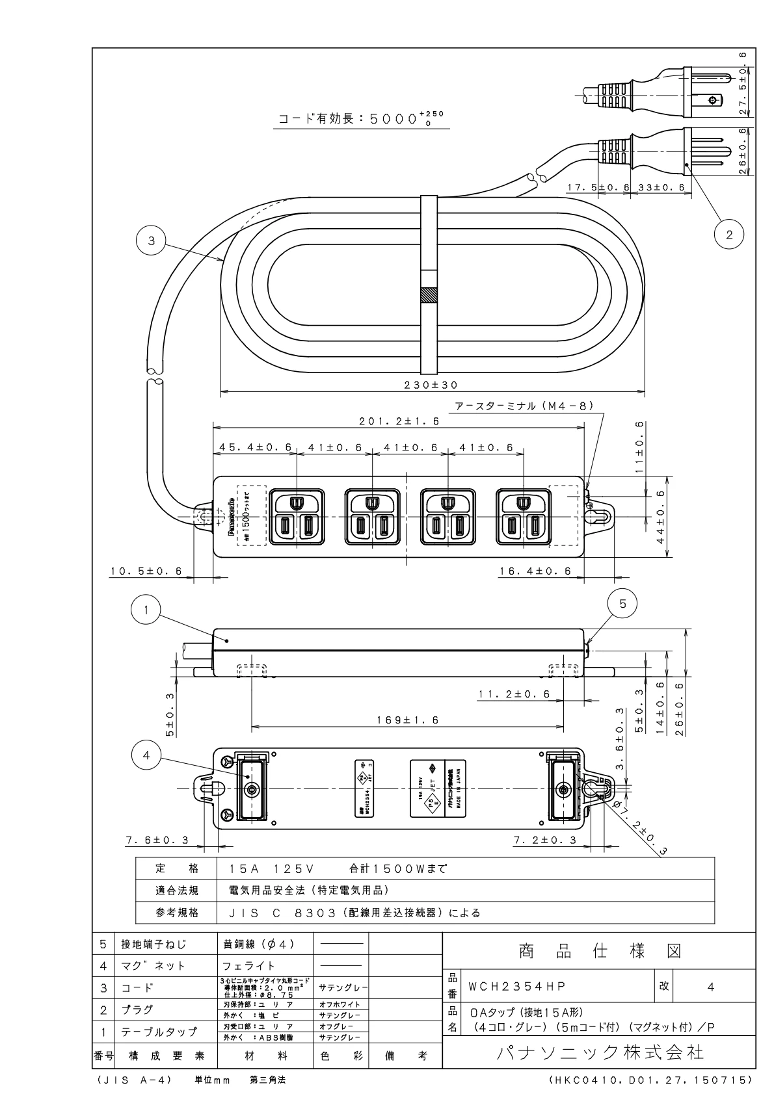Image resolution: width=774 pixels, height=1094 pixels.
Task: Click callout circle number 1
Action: (x=146, y=610)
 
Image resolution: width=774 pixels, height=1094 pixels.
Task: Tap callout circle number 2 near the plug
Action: (x=728, y=235)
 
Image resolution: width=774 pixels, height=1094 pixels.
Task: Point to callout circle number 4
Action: (x=146, y=755)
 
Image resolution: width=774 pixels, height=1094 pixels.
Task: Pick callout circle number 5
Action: (x=622, y=604)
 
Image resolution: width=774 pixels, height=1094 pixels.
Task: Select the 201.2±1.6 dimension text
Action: (x=399, y=421)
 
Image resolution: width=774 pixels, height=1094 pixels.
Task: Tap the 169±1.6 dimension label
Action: (x=408, y=720)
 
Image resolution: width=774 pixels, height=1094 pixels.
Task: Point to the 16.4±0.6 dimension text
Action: (x=535, y=571)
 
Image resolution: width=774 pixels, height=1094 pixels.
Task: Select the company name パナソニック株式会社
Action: (x=600, y=1051)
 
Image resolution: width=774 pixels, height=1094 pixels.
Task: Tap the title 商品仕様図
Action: (x=599, y=952)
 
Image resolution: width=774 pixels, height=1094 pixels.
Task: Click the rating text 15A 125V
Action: (x=273, y=868)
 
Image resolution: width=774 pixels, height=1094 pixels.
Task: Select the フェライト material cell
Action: (x=249, y=965)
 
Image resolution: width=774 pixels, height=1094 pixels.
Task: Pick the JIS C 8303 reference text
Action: (x=354, y=913)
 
